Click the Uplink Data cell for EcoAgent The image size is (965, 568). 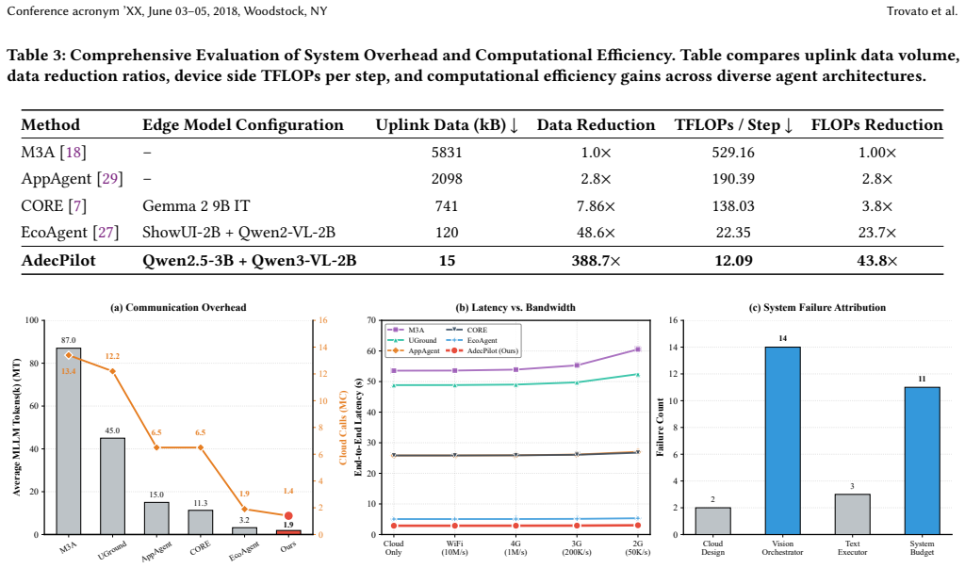[x=447, y=233]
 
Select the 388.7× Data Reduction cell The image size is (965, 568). [x=596, y=261]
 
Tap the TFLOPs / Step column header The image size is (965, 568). [x=733, y=125]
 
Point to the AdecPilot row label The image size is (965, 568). [x=58, y=261]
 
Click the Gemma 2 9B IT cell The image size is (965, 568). [x=196, y=206]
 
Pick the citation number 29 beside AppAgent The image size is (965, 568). [x=110, y=179]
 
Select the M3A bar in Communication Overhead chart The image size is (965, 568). [x=68, y=441]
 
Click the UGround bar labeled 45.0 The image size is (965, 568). [x=113, y=486]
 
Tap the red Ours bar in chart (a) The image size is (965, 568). [x=288, y=531]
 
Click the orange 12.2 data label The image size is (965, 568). [x=112, y=356]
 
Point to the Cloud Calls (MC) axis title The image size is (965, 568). [x=343, y=427]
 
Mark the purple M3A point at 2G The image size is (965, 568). [x=638, y=349]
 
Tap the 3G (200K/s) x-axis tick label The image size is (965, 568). [x=577, y=547]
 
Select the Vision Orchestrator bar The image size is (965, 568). [x=782, y=441]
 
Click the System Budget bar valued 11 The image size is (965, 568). [x=922, y=461]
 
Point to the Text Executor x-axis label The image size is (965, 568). [x=852, y=547]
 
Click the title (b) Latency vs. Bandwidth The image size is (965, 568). [x=515, y=308]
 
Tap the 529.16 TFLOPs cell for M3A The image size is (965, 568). [x=733, y=153]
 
